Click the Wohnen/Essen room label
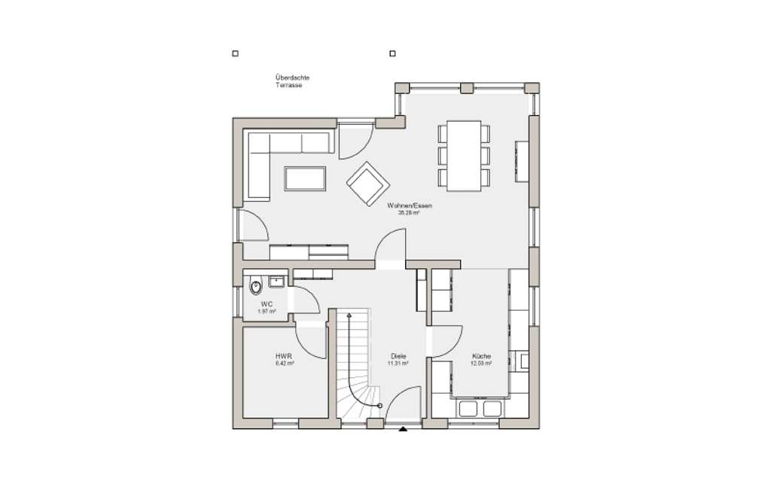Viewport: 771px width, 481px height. coord(410,205)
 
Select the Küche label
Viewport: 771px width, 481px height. coord(482,355)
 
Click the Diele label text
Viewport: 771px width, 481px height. coord(398,355)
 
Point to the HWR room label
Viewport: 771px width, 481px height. coord(284,355)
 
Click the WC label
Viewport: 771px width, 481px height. coord(267,304)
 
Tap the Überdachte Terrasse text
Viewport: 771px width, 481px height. coord(292,81)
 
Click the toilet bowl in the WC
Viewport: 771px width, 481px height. coord(254,287)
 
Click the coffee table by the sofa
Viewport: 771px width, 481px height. coord(305,179)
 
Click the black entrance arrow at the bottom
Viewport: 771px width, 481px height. coord(402,430)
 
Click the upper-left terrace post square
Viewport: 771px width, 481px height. coord(236,53)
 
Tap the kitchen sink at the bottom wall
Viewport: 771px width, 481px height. coord(481,408)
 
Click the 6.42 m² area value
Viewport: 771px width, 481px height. coord(285,363)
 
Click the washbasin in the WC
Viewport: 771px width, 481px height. coord(276,283)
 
